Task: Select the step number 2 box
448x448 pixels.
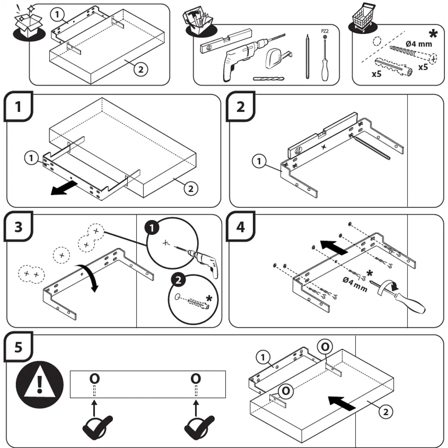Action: tap(241, 108)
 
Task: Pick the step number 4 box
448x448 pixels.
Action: tap(241, 227)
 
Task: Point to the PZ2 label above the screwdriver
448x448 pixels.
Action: tap(325, 31)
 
